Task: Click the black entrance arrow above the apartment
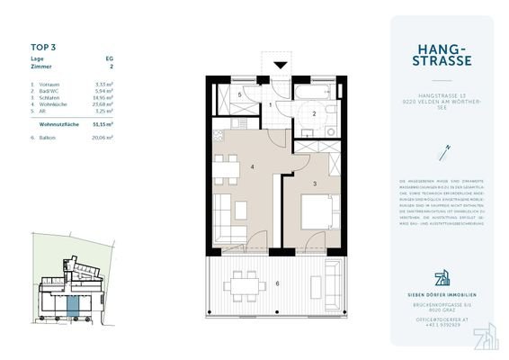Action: coord(280,65)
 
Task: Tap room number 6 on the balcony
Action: coord(277,284)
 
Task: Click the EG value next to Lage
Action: coord(110,58)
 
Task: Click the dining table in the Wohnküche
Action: coord(226,166)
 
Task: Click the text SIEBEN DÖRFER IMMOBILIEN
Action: coord(442,294)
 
